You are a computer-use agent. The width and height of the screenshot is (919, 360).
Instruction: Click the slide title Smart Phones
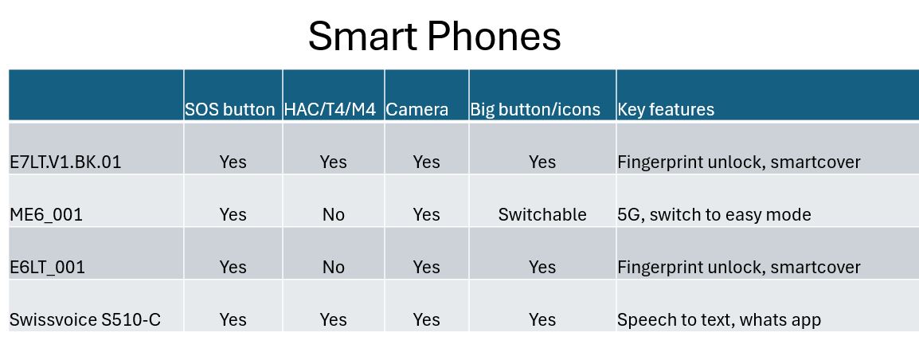pyautogui.click(x=434, y=37)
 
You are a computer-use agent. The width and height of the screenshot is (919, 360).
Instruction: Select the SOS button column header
pyautogui.click(x=229, y=110)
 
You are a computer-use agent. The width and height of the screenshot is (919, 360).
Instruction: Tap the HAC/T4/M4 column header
pyautogui.click(x=330, y=110)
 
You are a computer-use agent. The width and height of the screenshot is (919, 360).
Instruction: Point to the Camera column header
pyautogui.click(x=417, y=110)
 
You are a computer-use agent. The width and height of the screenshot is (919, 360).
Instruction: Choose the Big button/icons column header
pyautogui.click(x=535, y=110)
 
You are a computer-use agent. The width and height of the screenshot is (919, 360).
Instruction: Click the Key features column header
pyautogui.click(x=666, y=110)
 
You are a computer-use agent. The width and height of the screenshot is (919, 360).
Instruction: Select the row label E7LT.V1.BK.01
pyautogui.click(x=65, y=162)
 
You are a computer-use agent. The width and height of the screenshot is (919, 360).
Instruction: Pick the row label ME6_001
pyautogui.click(x=46, y=214)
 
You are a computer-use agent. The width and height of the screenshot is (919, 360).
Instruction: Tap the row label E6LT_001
pyautogui.click(x=48, y=268)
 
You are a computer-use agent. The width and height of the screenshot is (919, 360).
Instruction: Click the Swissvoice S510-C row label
pyautogui.click(x=85, y=320)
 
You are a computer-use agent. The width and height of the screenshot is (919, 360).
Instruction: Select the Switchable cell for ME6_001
pyautogui.click(x=542, y=214)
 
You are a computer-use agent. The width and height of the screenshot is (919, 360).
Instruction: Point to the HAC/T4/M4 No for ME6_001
pyautogui.click(x=334, y=214)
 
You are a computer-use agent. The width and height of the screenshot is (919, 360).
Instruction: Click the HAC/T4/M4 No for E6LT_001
pyautogui.click(x=334, y=268)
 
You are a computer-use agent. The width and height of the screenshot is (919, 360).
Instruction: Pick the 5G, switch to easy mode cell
pyautogui.click(x=714, y=214)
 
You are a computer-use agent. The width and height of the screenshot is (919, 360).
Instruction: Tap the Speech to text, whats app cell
pyautogui.click(x=719, y=320)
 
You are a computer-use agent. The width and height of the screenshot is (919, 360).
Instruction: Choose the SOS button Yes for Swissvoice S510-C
pyautogui.click(x=233, y=320)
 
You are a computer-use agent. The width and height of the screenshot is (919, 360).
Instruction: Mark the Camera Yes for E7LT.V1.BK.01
pyautogui.click(x=426, y=162)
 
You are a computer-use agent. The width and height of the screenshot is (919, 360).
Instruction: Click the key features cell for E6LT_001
pyautogui.click(x=739, y=268)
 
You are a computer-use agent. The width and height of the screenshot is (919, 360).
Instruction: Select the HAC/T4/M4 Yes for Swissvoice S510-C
pyautogui.click(x=334, y=320)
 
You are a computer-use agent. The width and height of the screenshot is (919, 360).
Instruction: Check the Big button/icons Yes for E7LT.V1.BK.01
pyautogui.click(x=542, y=162)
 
